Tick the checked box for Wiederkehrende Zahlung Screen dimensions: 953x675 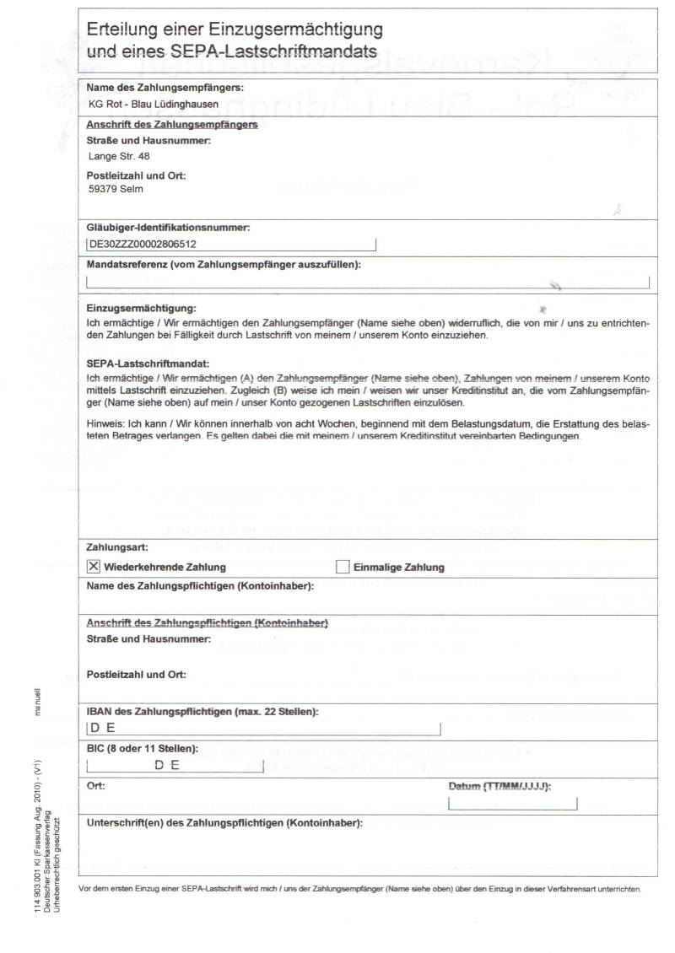94,567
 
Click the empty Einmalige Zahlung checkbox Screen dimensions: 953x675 343,567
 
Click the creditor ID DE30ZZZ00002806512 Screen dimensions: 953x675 143,245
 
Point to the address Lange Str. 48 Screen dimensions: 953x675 119,156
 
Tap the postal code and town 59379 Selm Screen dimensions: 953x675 116,189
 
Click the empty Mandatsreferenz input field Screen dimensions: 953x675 368,283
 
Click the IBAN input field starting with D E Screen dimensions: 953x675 264,729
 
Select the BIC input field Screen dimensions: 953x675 175,765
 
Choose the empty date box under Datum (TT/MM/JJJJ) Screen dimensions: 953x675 513,803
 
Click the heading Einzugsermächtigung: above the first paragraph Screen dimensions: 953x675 141,310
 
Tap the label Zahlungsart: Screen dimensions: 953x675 118,547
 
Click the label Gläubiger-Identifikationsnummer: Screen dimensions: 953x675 168,228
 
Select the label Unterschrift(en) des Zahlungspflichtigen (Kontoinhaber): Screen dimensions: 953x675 224,823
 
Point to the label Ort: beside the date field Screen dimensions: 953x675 96,786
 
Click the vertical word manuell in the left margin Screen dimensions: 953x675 37,702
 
